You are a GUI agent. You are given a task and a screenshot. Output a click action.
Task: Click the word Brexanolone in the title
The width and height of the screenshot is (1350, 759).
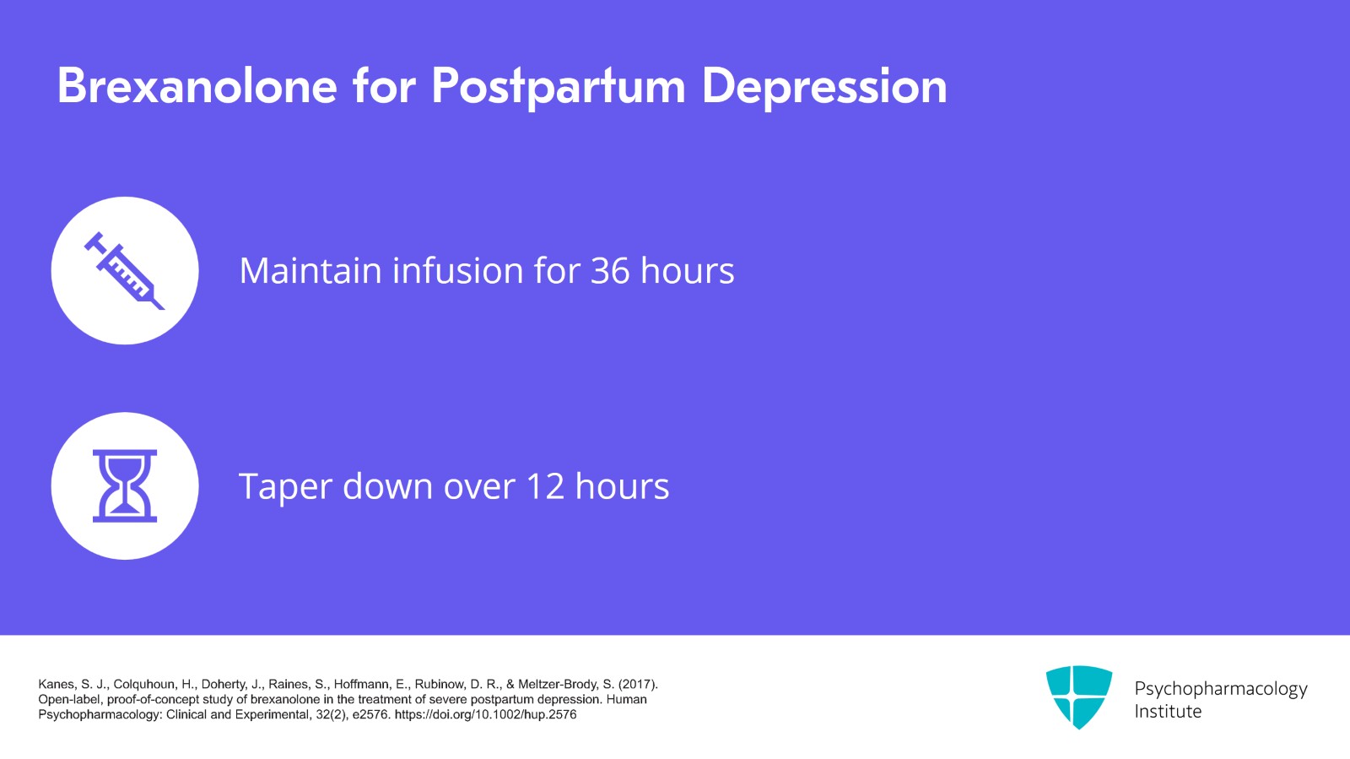coord(197,86)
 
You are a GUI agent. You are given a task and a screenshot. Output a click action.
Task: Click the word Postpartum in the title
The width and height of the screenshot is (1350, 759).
coord(558,88)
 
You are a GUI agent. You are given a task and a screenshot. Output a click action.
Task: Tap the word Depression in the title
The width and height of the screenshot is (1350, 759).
coord(823,88)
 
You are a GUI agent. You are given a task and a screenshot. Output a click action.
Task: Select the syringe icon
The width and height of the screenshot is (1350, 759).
coord(125,271)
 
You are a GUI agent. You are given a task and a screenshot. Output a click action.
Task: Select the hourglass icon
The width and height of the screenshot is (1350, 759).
coord(125,486)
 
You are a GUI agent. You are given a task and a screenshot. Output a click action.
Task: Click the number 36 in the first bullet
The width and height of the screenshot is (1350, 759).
coord(609,271)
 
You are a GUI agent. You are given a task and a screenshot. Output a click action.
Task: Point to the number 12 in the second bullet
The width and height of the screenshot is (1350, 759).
coord(544,487)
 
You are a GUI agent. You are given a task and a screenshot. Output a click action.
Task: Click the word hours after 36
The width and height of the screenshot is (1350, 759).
coord(687,271)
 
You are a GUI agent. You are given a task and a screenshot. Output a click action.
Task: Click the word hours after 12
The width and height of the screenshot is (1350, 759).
coord(622,487)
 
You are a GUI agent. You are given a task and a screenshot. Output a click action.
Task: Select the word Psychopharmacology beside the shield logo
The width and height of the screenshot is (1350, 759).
coord(1220,689)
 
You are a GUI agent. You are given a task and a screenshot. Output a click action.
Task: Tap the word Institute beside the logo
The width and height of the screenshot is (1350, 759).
coord(1167,712)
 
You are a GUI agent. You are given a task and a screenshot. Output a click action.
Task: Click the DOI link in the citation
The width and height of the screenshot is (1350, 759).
coord(485,714)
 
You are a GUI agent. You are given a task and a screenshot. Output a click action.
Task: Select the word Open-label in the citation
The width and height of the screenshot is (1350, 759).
coord(70,699)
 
